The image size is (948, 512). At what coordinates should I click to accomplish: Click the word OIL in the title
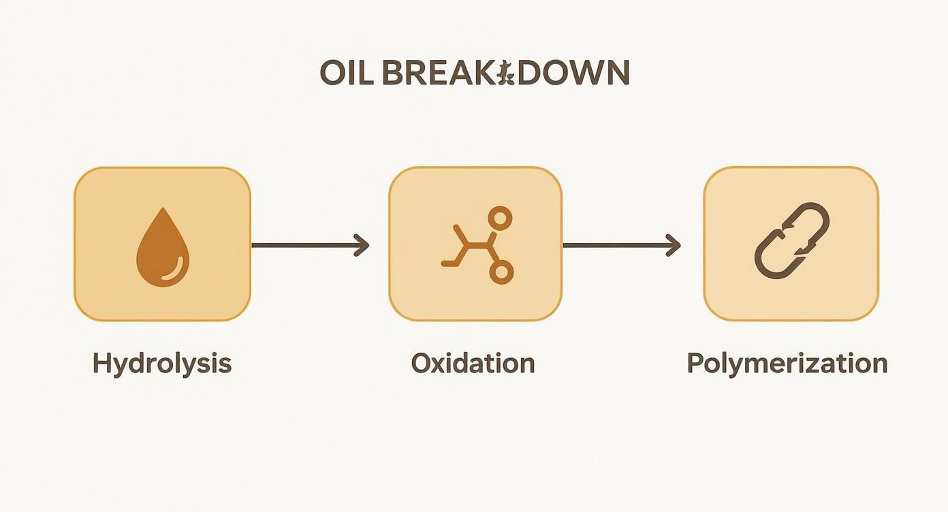pyautogui.click(x=347, y=74)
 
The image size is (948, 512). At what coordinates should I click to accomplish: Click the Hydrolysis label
pyautogui.click(x=162, y=364)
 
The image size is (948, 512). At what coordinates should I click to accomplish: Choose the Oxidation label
pyautogui.click(x=473, y=364)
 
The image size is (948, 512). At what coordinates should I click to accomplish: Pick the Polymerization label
pyautogui.click(x=787, y=364)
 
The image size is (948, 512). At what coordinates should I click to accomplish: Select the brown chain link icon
pyautogui.click(x=791, y=240)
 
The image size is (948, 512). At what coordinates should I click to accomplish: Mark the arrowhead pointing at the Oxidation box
pyautogui.click(x=362, y=245)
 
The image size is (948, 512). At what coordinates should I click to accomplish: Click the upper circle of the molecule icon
pyautogui.click(x=501, y=218)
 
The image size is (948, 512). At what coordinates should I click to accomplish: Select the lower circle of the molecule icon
pyautogui.click(x=501, y=272)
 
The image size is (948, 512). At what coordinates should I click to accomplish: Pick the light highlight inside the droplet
pyautogui.click(x=176, y=269)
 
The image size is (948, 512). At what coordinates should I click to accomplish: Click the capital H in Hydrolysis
pyautogui.click(x=101, y=364)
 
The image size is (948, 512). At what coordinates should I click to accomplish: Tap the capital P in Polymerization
pyautogui.click(x=694, y=364)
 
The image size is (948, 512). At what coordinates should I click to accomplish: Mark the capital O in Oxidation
pyautogui.click(x=420, y=364)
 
